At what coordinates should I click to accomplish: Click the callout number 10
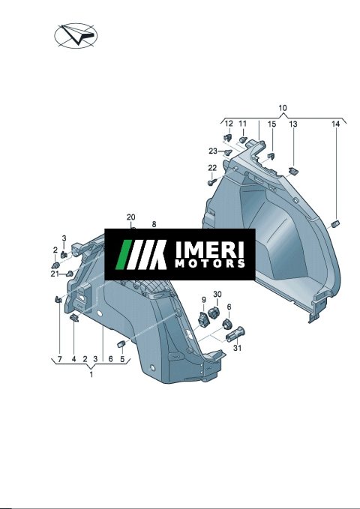click(x=283, y=108)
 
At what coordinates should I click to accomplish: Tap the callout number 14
click(x=336, y=124)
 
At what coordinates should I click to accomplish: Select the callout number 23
click(x=213, y=151)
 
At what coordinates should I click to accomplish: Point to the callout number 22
click(x=212, y=168)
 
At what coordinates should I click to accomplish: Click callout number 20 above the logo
click(x=131, y=217)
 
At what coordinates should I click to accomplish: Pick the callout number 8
click(x=154, y=224)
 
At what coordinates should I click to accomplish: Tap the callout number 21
click(x=55, y=274)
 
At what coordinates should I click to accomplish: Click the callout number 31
click(x=238, y=348)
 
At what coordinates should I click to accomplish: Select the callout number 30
click(x=217, y=294)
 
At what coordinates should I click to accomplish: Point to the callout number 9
click(x=204, y=300)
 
